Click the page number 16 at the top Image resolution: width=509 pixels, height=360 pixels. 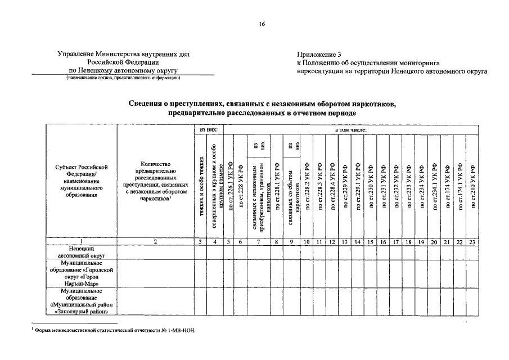262,24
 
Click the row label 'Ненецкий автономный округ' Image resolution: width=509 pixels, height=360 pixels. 82,251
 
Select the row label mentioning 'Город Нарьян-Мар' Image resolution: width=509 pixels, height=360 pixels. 82,273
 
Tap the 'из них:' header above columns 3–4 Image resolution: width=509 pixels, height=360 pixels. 208,129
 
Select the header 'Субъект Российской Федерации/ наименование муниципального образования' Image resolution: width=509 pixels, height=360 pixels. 82,181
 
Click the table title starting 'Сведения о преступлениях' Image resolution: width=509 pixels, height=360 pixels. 262,109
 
